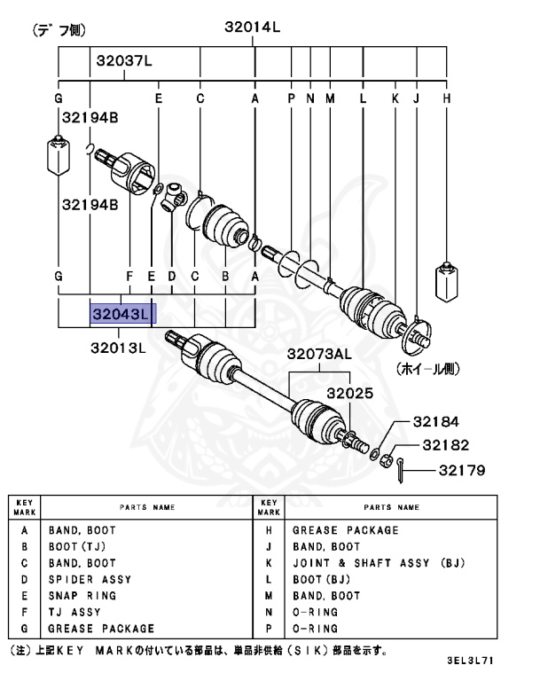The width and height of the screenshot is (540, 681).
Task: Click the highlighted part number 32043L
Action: pyautogui.click(x=122, y=314)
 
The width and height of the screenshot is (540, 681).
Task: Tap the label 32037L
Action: pyautogui.click(x=123, y=61)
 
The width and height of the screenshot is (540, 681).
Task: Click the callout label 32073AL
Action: pyautogui.click(x=318, y=355)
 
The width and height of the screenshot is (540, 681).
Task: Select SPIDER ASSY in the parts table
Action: pyautogui.click(x=90, y=579)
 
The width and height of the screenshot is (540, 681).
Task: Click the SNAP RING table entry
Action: pyautogui.click(x=82, y=596)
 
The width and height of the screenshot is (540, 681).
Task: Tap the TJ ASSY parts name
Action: pyautogui.click(x=74, y=612)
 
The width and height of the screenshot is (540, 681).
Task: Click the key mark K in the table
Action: pyautogui.click(x=269, y=563)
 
